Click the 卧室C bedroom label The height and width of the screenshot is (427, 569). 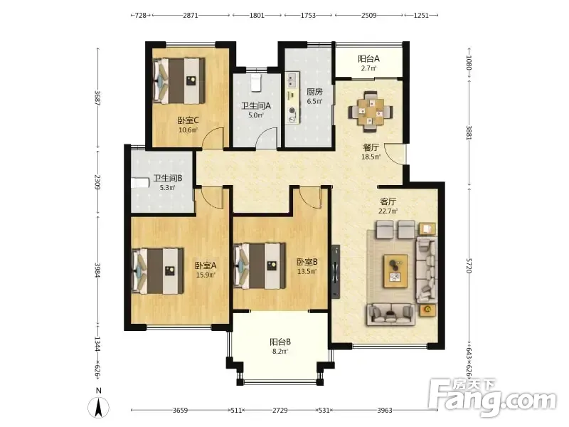tap(188, 120)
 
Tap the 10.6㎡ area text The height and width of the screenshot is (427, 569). tap(188, 130)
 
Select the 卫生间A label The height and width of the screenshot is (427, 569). tap(256, 106)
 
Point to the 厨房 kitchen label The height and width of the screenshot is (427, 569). tap(314, 92)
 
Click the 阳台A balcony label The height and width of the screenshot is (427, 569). tap(368, 58)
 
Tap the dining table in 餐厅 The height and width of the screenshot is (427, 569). tap(371, 112)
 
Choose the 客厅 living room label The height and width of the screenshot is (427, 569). tap(388, 201)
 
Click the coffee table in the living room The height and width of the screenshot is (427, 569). tap(396, 271)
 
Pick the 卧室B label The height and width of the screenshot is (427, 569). tap(307, 262)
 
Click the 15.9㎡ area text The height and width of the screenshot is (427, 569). tap(206, 275)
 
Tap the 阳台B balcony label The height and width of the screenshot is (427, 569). tap(280, 342)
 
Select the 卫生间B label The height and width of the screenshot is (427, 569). tap(168, 179)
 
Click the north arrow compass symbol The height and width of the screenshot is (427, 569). tap(98, 407)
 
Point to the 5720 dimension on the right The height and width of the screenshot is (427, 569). tap(469, 265)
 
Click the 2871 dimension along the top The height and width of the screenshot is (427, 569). tap(191, 15)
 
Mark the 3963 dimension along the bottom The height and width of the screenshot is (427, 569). tap(385, 410)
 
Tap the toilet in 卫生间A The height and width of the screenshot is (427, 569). tap(256, 83)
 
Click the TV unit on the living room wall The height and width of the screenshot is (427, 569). tap(336, 271)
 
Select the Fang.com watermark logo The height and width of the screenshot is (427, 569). tap(492, 398)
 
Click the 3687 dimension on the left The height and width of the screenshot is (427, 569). tap(97, 98)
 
